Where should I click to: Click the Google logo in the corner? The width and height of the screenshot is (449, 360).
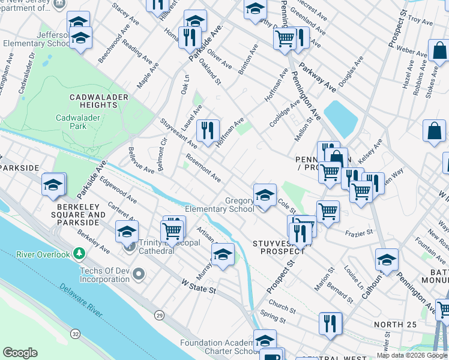[x=20, y=352]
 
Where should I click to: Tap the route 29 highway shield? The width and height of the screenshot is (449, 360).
[x=158, y=314]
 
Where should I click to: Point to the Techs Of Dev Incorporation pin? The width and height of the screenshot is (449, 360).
[x=139, y=274]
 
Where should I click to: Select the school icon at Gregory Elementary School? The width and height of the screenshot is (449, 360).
[x=265, y=195]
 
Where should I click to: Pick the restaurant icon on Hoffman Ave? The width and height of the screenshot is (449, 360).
[x=208, y=130]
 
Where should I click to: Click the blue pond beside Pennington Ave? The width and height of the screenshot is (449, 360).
[x=340, y=118]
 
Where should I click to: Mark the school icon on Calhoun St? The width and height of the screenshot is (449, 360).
[x=387, y=260]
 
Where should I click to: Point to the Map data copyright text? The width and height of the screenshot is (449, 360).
[x=412, y=355]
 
